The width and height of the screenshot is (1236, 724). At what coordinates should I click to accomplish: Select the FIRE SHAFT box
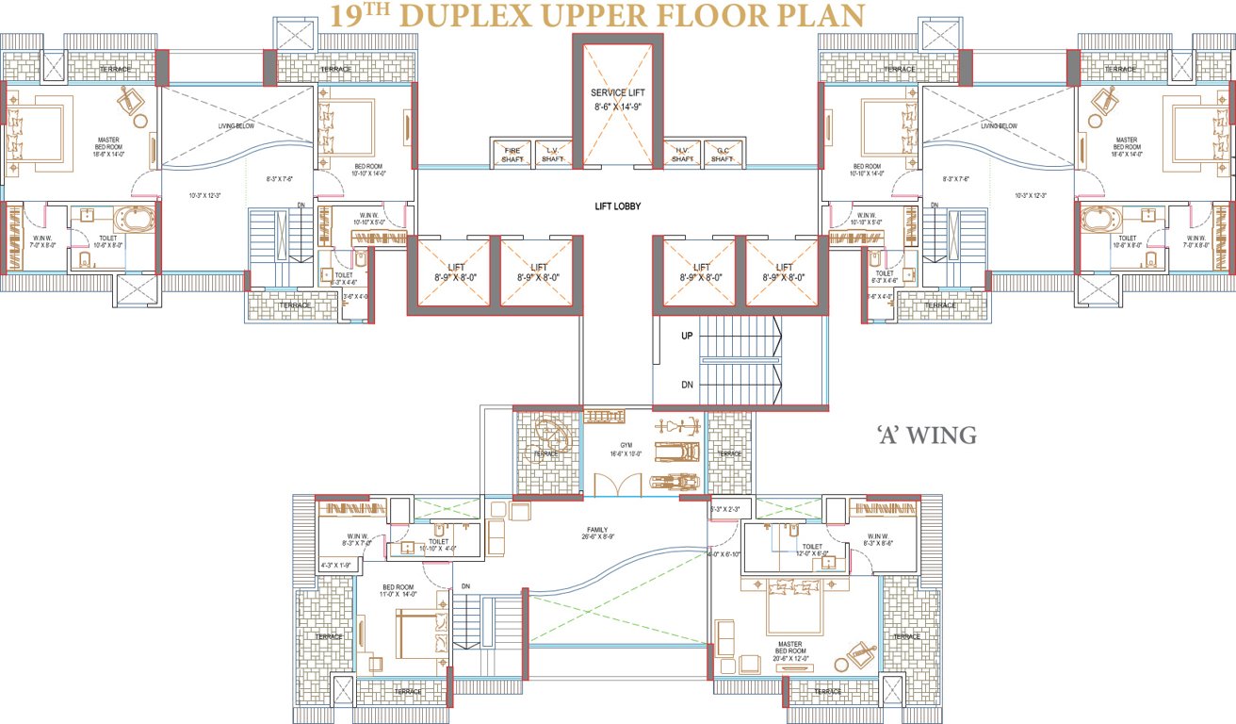coord(512,155)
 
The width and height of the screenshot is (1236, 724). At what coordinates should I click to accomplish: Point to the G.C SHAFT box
coord(723,155)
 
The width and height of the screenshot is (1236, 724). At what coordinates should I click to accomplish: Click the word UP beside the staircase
coord(689,336)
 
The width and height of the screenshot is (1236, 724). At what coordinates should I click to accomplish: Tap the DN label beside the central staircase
coord(689,385)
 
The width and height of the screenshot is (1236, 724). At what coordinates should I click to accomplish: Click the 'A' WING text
coord(925,436)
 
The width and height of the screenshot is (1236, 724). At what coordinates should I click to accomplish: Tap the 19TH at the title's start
coord(356,15)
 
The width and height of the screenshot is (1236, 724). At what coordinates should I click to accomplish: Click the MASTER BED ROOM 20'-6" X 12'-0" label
coord(789,650)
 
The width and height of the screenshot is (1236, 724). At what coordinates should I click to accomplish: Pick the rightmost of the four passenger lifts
coord(785,272)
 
